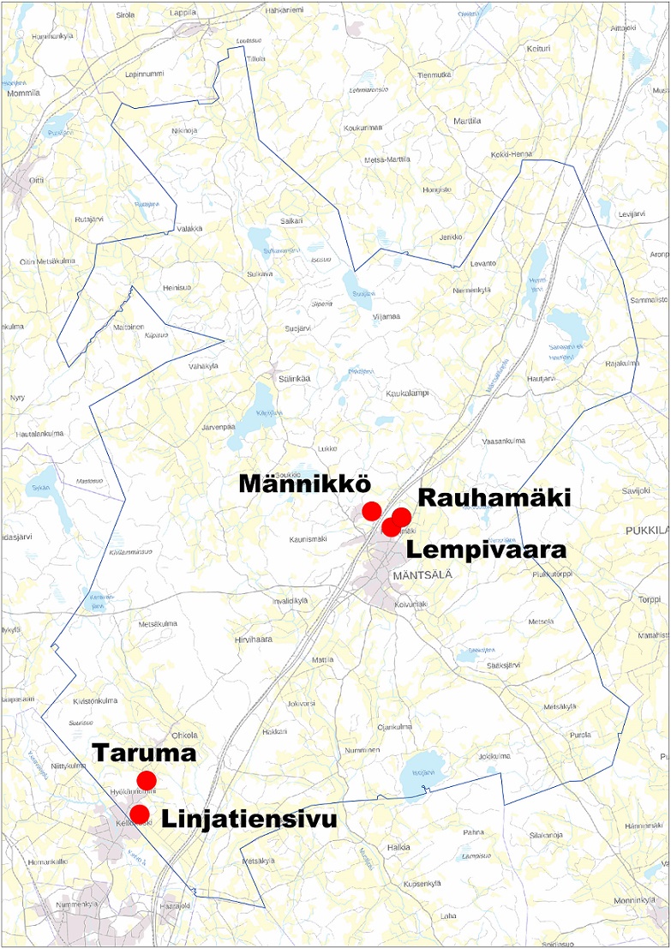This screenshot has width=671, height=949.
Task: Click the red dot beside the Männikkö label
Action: (x=371, y=511)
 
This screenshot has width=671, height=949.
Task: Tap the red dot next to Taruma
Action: (x=147, y=780)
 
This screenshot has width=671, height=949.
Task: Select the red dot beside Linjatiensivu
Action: (x=139, y=812)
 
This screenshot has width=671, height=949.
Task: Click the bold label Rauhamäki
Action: (x=494, y=499)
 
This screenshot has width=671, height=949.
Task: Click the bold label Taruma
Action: (x=145, y=754)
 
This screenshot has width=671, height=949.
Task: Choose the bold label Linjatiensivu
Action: (x=249, y=819)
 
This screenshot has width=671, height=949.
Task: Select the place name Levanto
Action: (x=482, y=263)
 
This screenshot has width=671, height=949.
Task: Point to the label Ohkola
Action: (x=184, y=735)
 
